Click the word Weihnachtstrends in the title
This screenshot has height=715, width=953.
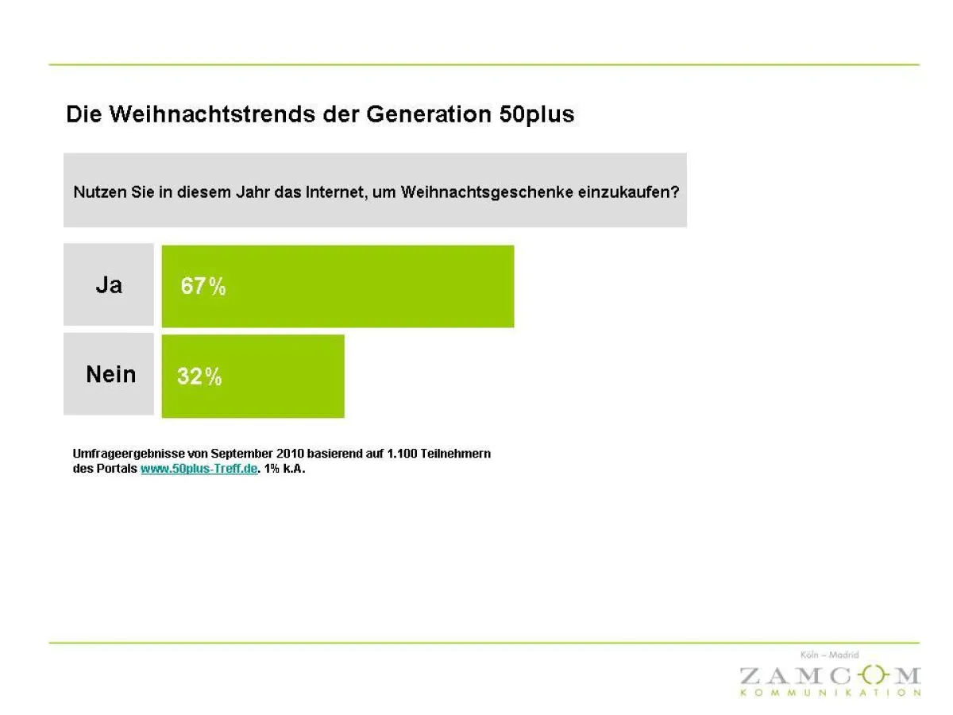tap(211, 114)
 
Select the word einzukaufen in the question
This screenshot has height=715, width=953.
tap(628, 192)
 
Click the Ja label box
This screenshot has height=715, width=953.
tap(109, 285)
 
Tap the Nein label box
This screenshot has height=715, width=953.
tap(110, 374)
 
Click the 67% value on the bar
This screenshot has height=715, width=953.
tap(203, 287)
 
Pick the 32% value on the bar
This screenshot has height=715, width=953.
tap(199, 377)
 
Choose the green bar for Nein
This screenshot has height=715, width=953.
tap(278, 376)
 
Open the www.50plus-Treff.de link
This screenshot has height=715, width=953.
tap(199, 469)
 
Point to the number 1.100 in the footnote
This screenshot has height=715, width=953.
tap(403, 454)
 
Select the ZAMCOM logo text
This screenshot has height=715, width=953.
tap(829, 676)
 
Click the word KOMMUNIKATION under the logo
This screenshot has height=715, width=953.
tap(829, 693)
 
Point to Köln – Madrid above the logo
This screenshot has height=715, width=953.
tap(829, 655)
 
